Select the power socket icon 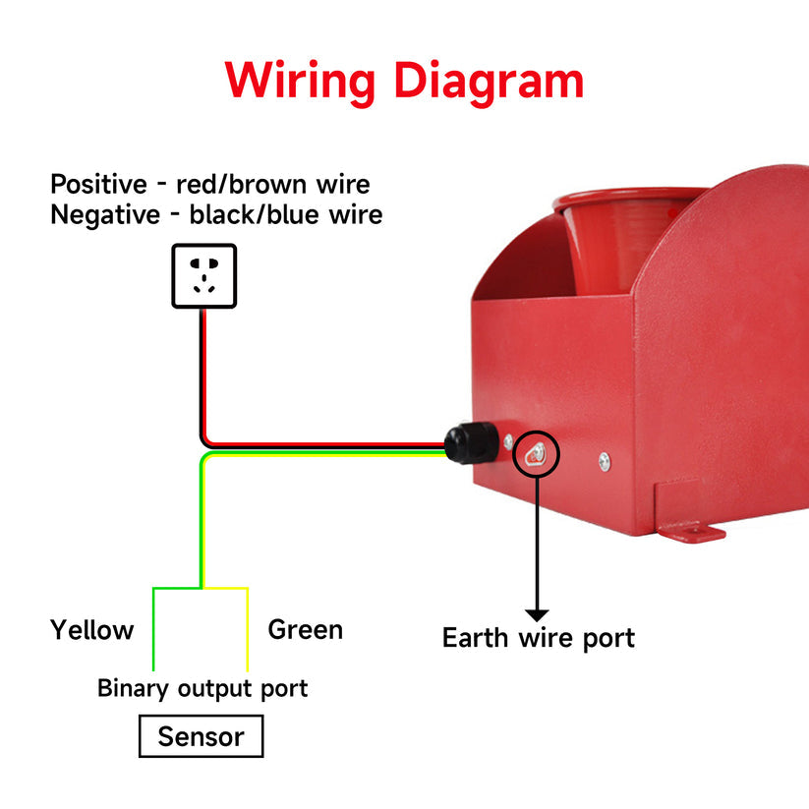[203, 275]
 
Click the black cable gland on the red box [470, 443]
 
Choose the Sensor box [201, 736]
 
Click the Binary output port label [202, 688]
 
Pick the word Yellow [92, 629]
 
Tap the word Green [306, 629]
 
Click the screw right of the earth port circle [605, 460]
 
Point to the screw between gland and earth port [508, 443]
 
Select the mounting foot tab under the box [694, 534]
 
